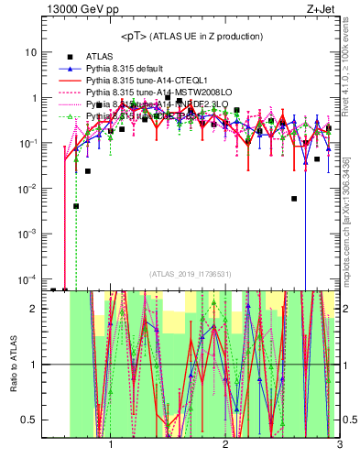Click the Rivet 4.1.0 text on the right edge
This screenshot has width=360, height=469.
[352, 60]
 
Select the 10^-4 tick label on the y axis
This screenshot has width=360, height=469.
[27, 278]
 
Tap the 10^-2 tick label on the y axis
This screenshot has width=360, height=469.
[27, 188]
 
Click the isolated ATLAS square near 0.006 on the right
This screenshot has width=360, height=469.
[294, 198]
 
